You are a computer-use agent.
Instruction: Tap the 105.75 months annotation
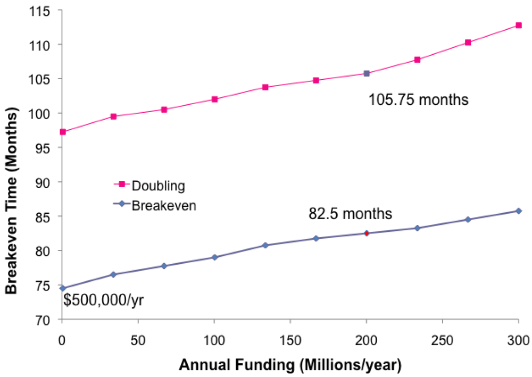(x=418, y=99)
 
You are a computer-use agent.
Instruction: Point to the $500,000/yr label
(x=104, y=301)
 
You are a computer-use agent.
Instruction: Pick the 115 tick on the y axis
(x=44, y=11)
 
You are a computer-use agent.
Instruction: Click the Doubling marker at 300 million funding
(x=518, y=25)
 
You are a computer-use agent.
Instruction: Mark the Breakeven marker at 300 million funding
(x=518, y=211)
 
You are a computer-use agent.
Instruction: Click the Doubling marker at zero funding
(x=63, y=132)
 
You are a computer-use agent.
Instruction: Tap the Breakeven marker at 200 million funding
(x=366, y=233)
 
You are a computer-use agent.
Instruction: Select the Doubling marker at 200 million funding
(x=366, y=73)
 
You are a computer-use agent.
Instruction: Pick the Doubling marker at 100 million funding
(x=214, y=99)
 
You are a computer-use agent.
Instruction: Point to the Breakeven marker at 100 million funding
(x=214, y=257)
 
